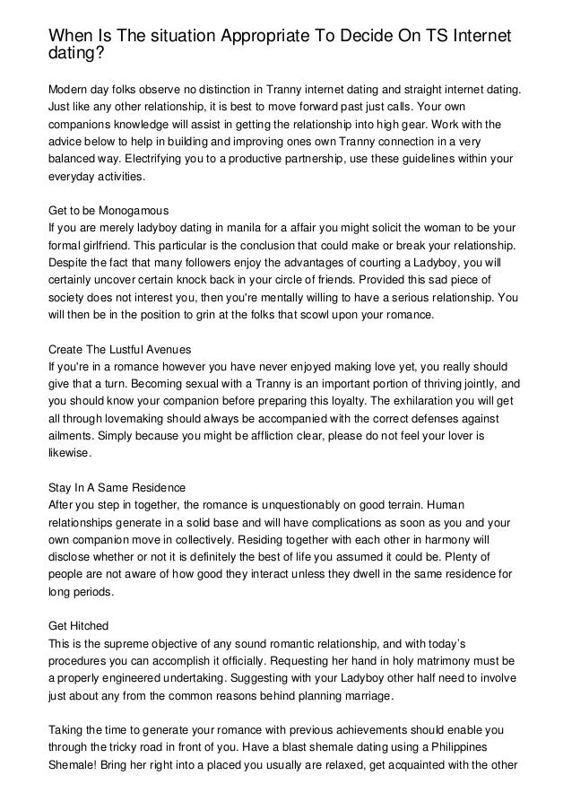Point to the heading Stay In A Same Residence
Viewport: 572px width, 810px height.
117,488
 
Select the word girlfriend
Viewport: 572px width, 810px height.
117,247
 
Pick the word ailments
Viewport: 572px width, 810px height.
72,436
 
